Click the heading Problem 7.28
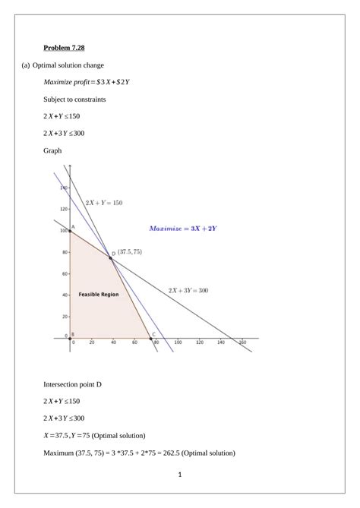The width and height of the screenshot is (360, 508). click(65, 49)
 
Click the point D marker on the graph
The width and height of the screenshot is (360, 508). click(110, 258)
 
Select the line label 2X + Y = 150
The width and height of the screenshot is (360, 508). click(103, 203)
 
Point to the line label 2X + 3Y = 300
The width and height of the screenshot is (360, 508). click(188, 289)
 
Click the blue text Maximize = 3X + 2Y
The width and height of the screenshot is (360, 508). click(183, 228)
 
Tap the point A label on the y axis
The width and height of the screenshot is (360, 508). click(73, 226)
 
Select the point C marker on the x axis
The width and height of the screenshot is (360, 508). click(150, 338)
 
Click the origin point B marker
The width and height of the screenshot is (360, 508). click(69, 338)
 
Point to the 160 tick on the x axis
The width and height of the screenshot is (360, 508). click(243, 343)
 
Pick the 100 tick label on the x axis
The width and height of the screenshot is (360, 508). click(178, 343)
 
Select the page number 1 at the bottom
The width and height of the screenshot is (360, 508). click(180, 475)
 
